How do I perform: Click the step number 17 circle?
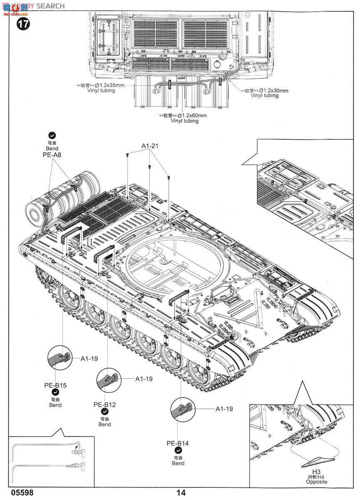tap(24, 24)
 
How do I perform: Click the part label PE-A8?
tap(52, 155)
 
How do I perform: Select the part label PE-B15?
tap(55, 385)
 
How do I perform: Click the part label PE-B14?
tap(178, 443)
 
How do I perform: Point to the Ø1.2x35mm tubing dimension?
tap(107, 85)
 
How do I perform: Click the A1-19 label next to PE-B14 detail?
tap(224, 409)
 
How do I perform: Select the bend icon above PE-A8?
tap(52, 135)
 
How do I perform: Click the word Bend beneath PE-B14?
tap(178, 463)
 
